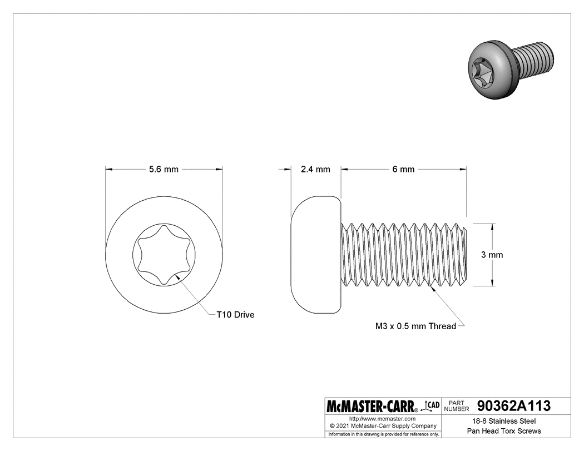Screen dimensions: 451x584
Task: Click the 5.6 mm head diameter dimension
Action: point(164,169)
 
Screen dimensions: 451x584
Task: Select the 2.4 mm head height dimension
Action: point(315,169)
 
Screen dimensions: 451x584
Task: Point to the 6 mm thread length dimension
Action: point(403,169)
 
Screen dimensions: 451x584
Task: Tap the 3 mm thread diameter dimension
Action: point(492,255)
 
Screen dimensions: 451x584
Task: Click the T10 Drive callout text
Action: point(235,315)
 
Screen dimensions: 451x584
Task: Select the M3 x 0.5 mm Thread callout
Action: point(415,326)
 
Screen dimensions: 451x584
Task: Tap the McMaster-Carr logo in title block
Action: point(373,406)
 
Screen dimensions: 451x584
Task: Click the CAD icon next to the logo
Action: point(432,405)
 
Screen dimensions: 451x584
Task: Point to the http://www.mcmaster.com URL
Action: point(383,418)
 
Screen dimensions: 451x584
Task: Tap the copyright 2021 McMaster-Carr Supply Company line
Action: point(383,426)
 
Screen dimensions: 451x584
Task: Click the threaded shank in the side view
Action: point(403,255)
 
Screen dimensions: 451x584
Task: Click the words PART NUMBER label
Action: point(458,405)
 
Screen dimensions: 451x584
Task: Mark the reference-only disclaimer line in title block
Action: point(383,434)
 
